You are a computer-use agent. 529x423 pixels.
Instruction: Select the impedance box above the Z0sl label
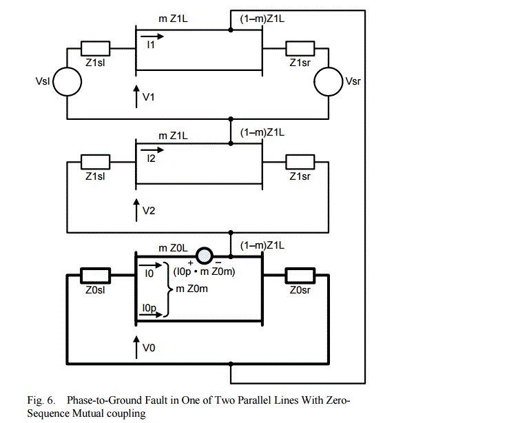94,275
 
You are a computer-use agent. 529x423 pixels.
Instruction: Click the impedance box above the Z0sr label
300,275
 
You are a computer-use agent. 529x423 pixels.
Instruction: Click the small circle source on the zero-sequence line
205,256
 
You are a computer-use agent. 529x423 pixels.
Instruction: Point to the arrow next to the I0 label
152,265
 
